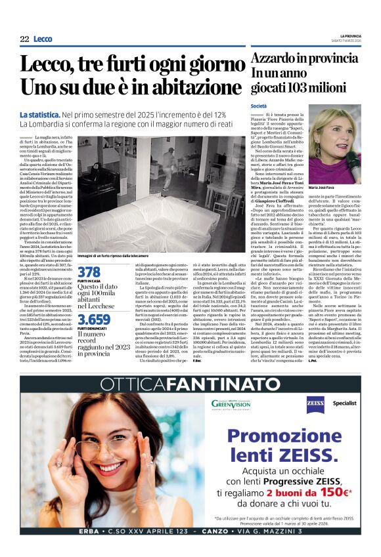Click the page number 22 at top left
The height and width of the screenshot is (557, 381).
[x=24, y=39]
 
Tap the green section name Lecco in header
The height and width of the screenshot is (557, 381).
[x=43, y=39]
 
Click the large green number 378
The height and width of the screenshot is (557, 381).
[x=89, y=272]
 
